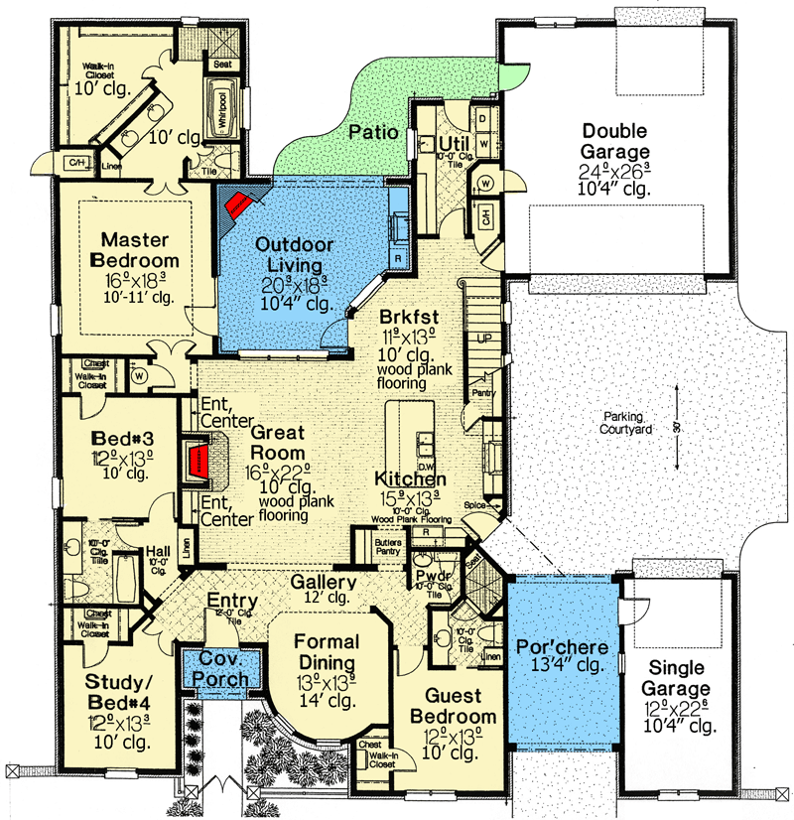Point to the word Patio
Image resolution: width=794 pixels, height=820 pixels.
tap(373, 131)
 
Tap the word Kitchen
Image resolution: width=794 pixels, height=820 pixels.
tap(411, 479)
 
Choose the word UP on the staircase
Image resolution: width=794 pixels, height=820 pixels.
tap(485, 338)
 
